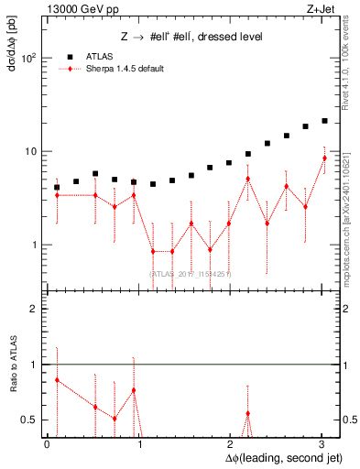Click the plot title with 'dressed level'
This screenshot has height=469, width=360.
pos(192,37)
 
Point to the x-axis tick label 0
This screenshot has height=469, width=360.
pos(47,444)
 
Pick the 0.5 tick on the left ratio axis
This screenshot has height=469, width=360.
pos(28,420)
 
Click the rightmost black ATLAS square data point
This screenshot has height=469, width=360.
pos(324,120)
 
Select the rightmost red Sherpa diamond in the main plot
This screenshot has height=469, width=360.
pos(324,158)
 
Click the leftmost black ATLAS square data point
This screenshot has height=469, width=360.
pos(57,187)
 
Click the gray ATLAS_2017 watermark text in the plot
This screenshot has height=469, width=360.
pos(191,273)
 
